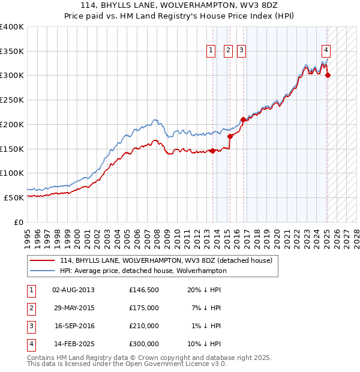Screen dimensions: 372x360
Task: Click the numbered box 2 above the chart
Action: [x=229, y=51]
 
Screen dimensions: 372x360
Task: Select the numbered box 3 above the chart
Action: [x=241, y=51]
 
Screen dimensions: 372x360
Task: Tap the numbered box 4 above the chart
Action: [x=325, y=50]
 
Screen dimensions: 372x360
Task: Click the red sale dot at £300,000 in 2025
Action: [x=328, y=75]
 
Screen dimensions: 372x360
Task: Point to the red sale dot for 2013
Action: [x=212, y=151]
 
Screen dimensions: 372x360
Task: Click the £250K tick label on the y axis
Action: [x=11, y=100]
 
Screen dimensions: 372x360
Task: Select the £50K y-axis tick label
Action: [x=14, y=197]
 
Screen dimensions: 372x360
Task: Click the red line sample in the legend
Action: [x=43, y=260]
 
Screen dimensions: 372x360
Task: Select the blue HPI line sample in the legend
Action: [x=43, y=271]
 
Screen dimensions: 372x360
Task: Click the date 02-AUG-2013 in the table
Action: [x=73, y=290]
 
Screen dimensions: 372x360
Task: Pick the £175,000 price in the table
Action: [x=144, y=308]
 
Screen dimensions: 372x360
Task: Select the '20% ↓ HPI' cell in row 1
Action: [x=204, y=290]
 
